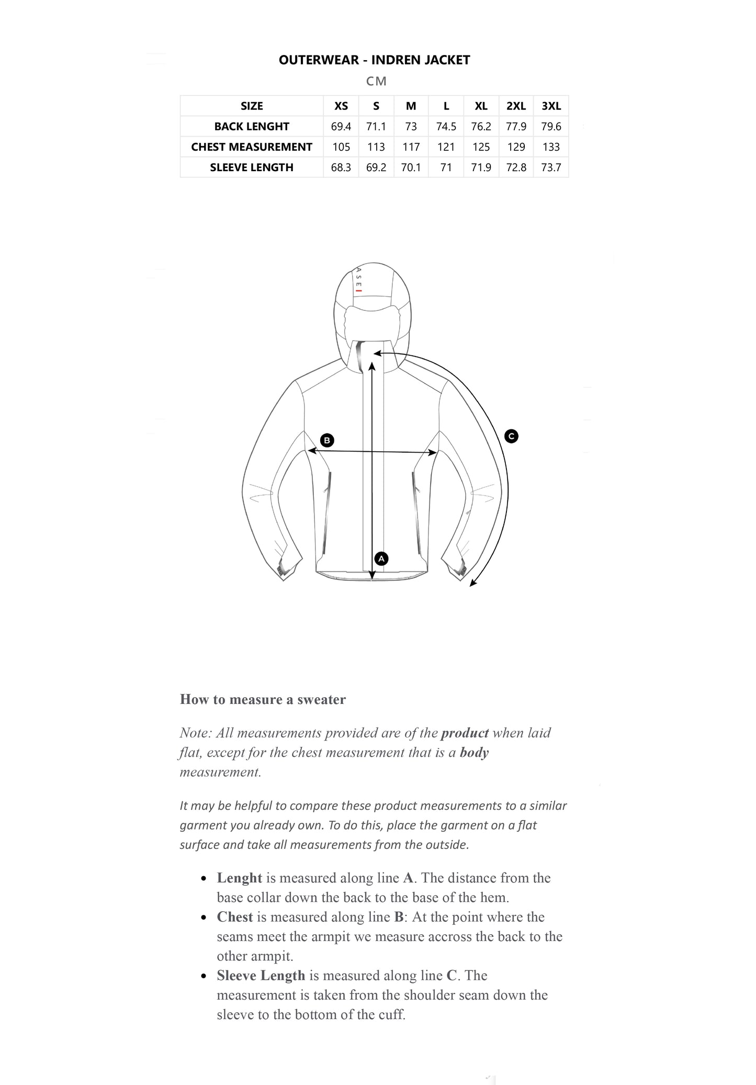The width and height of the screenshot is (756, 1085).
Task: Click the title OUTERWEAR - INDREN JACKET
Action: (374, 60)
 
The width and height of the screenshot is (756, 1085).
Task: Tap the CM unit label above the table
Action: (376, 81)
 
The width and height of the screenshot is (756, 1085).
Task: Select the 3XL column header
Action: (551, 106)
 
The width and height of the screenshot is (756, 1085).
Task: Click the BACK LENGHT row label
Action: (252, 127)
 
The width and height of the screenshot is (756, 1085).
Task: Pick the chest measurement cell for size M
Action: (411, 147)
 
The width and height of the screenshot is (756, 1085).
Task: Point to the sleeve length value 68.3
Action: (341, 167)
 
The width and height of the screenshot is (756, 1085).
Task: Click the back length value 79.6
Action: (551, 127)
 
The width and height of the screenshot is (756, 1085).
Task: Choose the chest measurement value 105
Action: (341, 147)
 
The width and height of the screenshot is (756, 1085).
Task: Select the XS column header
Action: (341, 106)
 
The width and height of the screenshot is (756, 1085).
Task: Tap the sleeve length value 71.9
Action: (481, 167)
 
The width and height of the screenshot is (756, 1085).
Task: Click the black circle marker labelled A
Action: (381, 558)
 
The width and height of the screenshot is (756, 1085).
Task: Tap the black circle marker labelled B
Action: (327, 440)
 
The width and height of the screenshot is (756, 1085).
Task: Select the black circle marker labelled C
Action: (511, 435)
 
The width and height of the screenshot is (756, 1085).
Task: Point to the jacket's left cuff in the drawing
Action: (284, 571)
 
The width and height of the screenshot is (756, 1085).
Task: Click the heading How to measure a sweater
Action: (263, 699)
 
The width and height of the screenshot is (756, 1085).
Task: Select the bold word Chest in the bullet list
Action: (235, 917)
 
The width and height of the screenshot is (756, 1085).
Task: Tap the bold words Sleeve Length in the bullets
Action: (261, 976)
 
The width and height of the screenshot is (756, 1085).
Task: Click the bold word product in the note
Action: (465, 733)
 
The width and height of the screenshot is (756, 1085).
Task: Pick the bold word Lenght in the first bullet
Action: (240, 878)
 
